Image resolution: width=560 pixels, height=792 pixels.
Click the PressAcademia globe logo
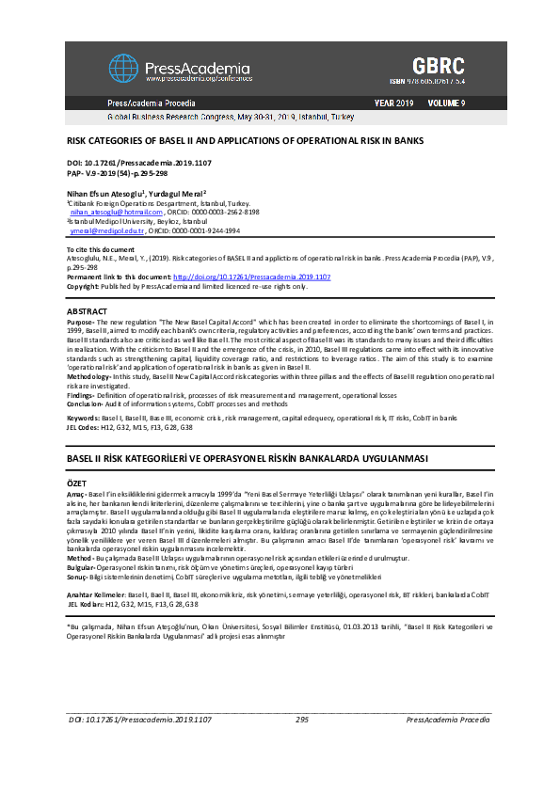(x=122, y=68)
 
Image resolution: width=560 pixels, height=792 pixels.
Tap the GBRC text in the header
(x=438, y=66)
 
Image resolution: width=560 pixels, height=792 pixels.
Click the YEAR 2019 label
(x=393, y=102)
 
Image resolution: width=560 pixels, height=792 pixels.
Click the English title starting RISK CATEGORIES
(x=245, y=140)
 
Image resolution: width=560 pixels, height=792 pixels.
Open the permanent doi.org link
(x=251, y=277)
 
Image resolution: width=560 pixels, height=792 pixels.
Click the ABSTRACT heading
(x=87, y=311)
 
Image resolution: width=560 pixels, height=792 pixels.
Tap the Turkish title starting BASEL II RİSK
(x=248, y=458)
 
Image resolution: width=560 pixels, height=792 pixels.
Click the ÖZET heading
(x=76, y=482)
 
